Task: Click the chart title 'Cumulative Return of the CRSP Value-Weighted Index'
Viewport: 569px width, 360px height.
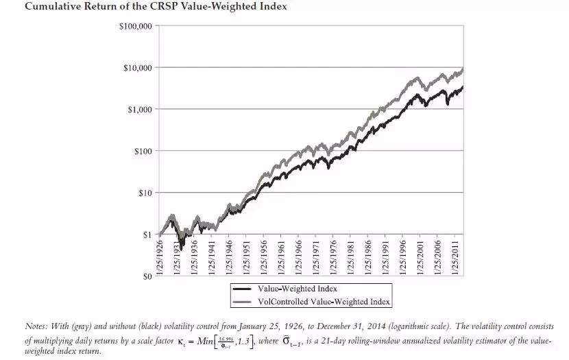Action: [145, 7]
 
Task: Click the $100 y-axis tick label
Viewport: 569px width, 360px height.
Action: [142, 151]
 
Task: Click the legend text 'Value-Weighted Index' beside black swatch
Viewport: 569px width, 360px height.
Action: [298, 289]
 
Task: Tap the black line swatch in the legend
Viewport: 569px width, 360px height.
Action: [243, 289]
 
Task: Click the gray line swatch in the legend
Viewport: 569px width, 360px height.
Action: [243, 301]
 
